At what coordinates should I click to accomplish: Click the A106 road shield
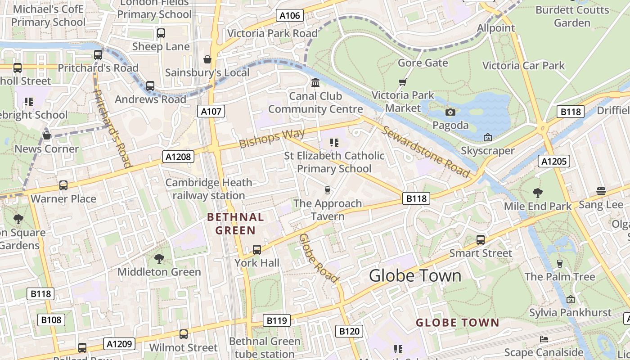(289, 16)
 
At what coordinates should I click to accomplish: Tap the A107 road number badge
(211, 111)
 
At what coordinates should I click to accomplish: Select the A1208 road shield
(178, 157)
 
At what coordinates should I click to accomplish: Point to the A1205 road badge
(553, 161)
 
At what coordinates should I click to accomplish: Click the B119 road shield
(276, 320)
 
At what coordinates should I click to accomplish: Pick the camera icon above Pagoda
(450, 112)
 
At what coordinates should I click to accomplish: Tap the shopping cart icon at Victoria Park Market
(402, 82)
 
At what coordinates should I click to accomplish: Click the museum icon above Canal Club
(315, 83)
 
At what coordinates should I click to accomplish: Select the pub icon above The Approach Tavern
(328, 190)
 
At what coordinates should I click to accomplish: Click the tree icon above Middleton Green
(159, 258)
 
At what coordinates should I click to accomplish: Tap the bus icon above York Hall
(257, 249)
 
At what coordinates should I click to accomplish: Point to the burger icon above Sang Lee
(601, 191)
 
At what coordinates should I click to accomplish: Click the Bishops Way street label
(272, 138)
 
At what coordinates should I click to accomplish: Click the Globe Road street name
(319, 258)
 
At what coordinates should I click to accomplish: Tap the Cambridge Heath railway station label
(209, 189)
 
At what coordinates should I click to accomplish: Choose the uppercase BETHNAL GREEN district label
(235, 224)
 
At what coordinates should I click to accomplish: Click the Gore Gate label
(423, 63)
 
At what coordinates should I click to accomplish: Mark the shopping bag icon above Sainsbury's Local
(207, 59)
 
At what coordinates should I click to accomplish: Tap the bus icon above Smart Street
(481, 239)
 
